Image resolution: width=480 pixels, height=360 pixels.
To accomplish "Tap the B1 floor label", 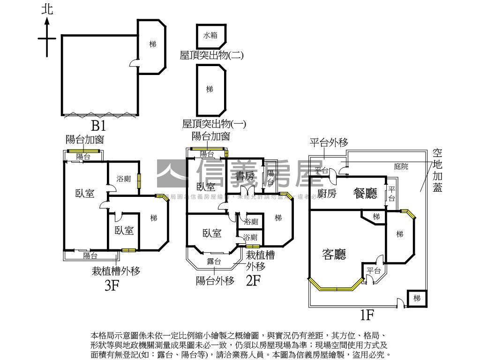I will pyautogui.click(x=98, y=126).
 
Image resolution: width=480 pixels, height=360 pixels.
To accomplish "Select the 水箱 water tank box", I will pyautogui.click(x=210, y=35).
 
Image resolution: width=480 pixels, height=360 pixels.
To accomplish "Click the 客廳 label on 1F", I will pyautogui.click(x=334, y=254).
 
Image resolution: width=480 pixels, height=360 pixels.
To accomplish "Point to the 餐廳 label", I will pyautogui.click(x=366, y=193).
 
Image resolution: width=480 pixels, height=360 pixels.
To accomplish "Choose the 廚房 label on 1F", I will pyautogui.click(x=327, y=193).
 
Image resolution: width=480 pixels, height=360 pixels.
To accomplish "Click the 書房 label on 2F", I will pyautogui.click(x=244, y=176).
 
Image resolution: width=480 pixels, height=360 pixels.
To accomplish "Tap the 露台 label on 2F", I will pyautogui.click(x=214, y=261).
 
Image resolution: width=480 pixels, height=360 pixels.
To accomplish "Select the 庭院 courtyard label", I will pyautogui.click(x=401, y=166).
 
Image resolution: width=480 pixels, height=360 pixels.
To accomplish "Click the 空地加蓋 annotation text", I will pyautogui.click(x=437, y=171).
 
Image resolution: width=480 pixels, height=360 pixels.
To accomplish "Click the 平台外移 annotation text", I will pyautogui.click(x=329, y=143).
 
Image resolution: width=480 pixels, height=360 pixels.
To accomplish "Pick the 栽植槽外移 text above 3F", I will pyautogui.click(x=116, y=270).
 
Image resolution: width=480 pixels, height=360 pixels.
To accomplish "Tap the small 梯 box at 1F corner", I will pyautogui.click(x=417, y=298).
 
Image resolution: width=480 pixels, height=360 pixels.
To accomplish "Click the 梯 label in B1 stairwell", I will pyautogui.click(x=153, y=44).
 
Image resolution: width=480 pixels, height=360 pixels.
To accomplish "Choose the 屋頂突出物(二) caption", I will pyautogui.click(x=211, y=55).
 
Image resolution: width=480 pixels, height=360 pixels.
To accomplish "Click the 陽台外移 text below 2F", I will pyautogui.click(x=215, y=281).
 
